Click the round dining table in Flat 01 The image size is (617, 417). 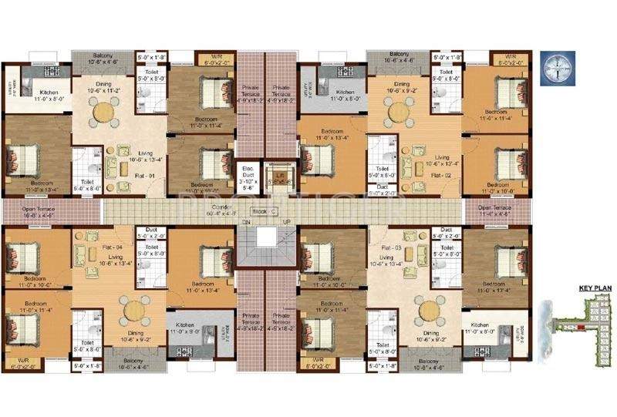[x=103, y=113]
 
